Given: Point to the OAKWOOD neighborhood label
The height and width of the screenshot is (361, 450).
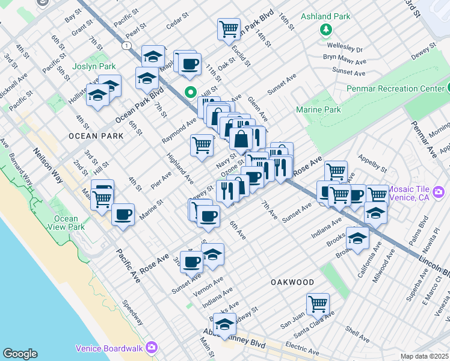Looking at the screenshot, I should coord(292,282).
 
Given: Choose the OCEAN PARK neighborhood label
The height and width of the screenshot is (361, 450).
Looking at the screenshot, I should coord(96,136).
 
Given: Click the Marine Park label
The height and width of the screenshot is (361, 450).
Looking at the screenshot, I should coord(318,110).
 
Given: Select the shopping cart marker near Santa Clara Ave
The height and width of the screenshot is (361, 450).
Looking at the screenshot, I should coord(318,303).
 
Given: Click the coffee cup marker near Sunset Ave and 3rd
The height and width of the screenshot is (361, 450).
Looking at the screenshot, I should coord(192,261).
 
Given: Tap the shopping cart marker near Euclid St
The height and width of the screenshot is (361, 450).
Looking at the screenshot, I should coord(229,28).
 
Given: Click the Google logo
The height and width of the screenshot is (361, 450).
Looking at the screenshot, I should coord(20,354).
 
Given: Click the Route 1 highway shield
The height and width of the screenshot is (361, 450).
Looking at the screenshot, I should coord(126,46).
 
